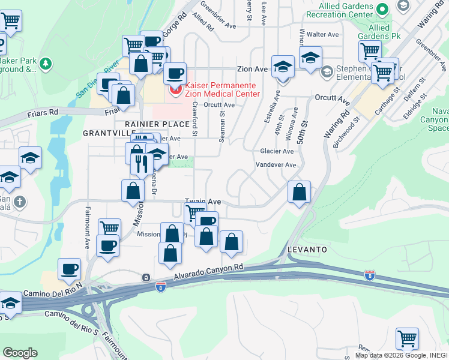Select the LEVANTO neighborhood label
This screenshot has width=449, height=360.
(307, 248)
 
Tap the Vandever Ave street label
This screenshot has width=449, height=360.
(276, 164)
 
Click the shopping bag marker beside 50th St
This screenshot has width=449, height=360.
(299, 192)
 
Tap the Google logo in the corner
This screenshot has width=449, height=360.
(20, 352)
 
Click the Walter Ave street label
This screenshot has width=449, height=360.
(322, 34)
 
